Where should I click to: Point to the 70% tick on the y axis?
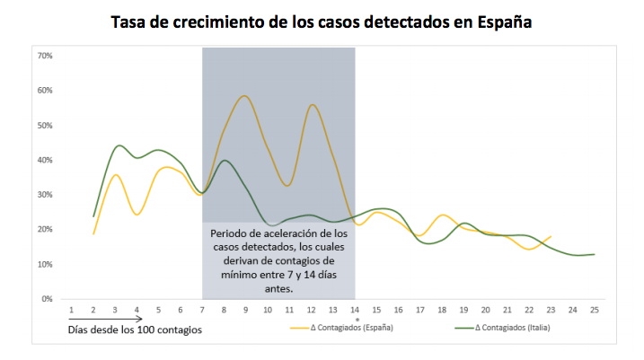(x=44, y=56)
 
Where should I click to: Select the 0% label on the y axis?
(x=47, y=299)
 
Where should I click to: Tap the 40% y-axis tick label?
(x=44, y=160)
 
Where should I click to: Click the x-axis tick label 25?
(x=594, y=310)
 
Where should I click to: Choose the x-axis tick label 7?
(x=202, y=310)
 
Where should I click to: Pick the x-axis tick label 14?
(x=355, y=310)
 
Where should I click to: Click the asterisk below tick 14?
(x=356, y=319)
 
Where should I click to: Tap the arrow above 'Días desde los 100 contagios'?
(x=106, y=319)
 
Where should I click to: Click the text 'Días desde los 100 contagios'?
(x=134, y=329)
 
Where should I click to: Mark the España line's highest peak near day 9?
(x=244, y=96)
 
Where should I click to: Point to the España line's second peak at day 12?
(x=312, y=105)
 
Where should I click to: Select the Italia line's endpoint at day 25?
(x=594, y=254)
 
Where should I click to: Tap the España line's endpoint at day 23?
(x=551, y=236)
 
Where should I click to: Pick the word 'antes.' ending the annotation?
(x=279, y=289)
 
